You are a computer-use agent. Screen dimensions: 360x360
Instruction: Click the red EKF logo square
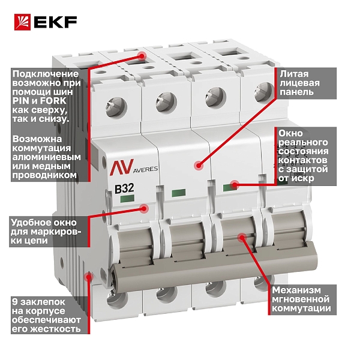pyautogui.click(x=22, y=22)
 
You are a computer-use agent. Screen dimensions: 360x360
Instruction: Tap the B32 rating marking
pyautogui.click(x=124, y=189)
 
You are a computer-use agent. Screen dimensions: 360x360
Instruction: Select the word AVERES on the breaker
pyautogui.click(x=146, y=169)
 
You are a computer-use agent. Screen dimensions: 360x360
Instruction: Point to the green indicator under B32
pyautogui.click(x=127, y=199)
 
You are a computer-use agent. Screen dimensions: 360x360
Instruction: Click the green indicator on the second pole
pyautogui.click(x=179, y=193)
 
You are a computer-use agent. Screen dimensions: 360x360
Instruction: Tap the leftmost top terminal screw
pyautogui.click(x=116, y=107)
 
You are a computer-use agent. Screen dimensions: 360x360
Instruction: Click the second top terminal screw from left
pyautogui.click(x=166, y=102)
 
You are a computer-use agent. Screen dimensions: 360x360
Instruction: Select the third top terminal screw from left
pyautogui.click(x=215, y=97)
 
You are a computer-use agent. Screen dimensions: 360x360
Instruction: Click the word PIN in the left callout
pyautogui.click(x=20, y=101)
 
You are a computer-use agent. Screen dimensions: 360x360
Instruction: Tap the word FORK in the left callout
pyautogui.click(x=53, y=101)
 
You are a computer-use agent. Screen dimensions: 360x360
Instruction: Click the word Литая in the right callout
pyautogui.click(x=294, y=74)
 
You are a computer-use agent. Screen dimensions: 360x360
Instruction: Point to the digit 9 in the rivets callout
pyautogui.click(x=14, y=302)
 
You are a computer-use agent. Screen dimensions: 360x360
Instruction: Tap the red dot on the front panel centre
pyautogui.click(x=199, y=166)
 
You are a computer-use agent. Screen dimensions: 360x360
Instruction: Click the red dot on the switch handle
pyautogui.click(x=242, y=238)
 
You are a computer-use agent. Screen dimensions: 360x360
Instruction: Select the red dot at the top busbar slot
pyautogui.click(x=142, y=55)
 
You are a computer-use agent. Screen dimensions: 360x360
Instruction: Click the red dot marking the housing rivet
pyautogui.click(x=88, y=277)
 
